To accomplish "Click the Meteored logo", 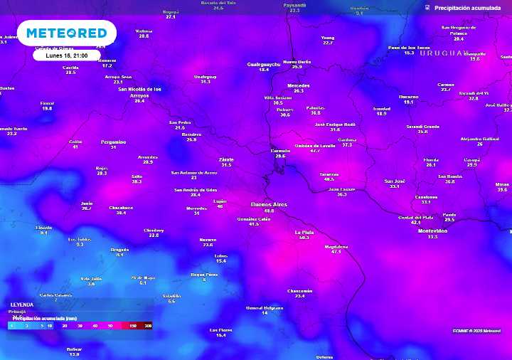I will pos(67,33).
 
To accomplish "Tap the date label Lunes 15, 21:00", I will pos(66,55).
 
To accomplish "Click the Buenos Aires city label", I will pos(269,204).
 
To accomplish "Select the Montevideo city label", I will pos(432,231).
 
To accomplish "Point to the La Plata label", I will pos(304,232).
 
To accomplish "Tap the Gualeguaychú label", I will pos(263,64).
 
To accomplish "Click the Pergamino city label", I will pos(113,142).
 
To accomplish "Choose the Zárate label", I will pos(226,159).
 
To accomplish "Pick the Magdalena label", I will pos(336,246).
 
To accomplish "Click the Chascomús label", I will pos(300,290).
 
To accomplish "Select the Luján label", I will pos(220,201).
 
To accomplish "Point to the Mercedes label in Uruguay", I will pos(298,85).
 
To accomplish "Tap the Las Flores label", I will pos(220,329).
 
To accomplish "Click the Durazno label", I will pos(408,96).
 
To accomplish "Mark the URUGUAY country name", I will pos(444,53).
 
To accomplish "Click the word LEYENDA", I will pos(22,304).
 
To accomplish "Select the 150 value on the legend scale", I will pos(133,325).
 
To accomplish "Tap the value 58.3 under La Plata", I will pos(304,238).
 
